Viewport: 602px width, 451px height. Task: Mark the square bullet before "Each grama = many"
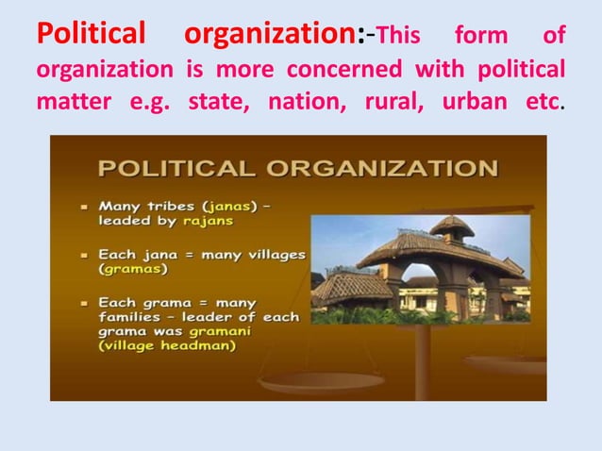pos(85,304)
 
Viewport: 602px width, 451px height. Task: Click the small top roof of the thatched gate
pos(452,225)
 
